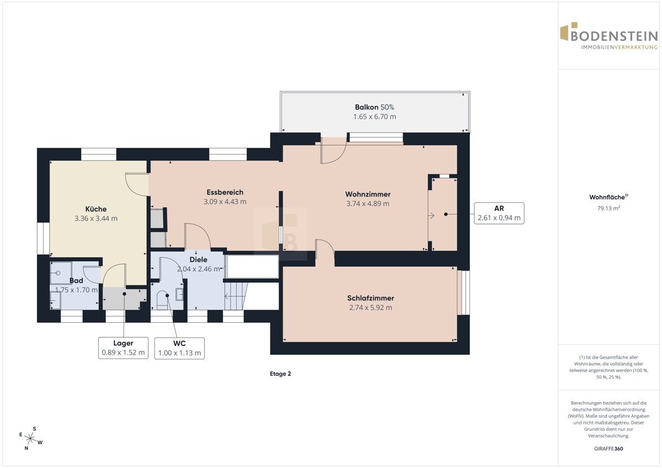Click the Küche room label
coord(96,209)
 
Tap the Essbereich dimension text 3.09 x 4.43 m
coord(225,201)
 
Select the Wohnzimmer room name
coord(368,194)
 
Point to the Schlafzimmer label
coord(371,298)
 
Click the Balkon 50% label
coord(375,107)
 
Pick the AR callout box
coord(499,213)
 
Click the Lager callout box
coord(123,348)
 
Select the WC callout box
coord(179,348)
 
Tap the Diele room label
coord(198,259)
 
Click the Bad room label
coord(76,280)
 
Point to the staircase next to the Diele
coord(236,296)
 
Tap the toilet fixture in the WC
coord(162,300)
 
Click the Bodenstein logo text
coord(614,36)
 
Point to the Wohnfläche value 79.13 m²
coord(608,208)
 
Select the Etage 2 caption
coord(280,374)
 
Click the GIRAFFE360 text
coord(608,449)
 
